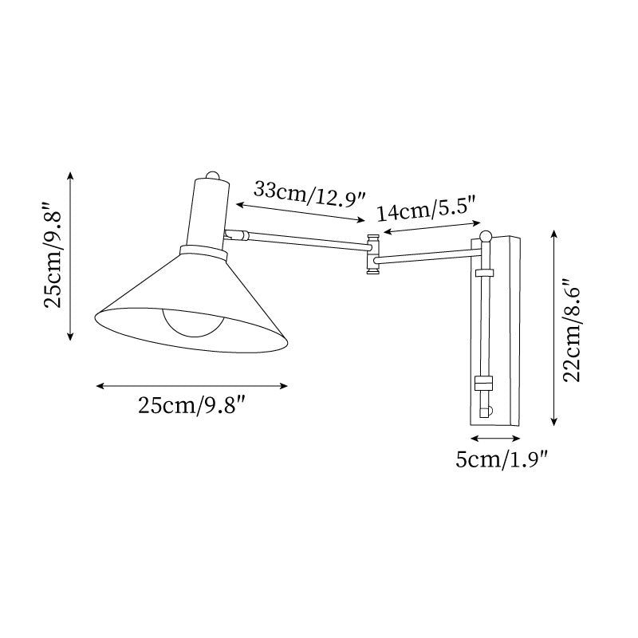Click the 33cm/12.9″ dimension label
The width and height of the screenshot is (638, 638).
pyautogui.click(x=309, y=192)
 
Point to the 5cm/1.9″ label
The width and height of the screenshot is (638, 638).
pyautogui.click(x=502, y=459)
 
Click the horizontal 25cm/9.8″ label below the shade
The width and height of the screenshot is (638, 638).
pyautogui.click(x=191, y=406)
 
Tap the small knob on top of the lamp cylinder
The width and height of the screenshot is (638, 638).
pyautogui.click(x=212, y=175)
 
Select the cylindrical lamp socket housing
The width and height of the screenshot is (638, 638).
pyautogui.click(x=209, y=211)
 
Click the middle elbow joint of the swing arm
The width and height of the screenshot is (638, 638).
pyautogui.click(x=372, y=254)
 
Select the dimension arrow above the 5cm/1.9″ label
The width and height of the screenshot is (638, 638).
pyautogui.click(x=495, y=439)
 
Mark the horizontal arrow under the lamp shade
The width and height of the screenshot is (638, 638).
pyautogui.click(x=191, y=387)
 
